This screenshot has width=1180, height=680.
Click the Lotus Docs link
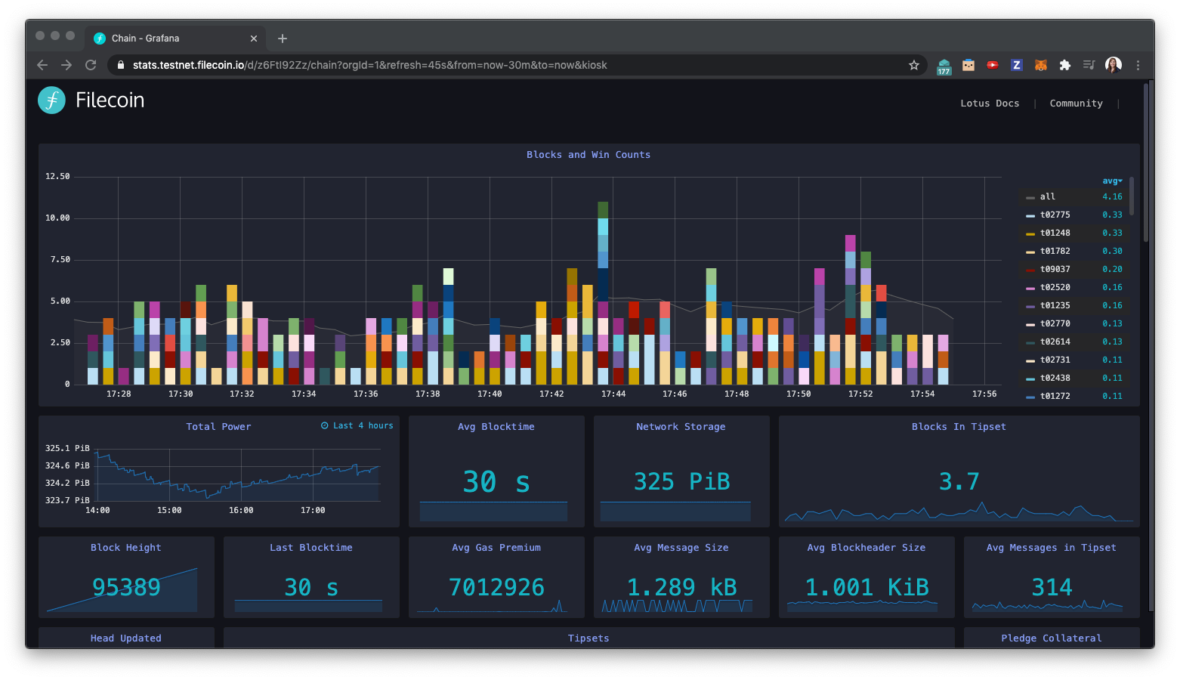pos(990,104)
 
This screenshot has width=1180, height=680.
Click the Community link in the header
pos(1076,104)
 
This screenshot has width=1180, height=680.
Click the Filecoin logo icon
pos(51,100)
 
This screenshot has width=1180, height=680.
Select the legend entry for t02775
pos(1055,215)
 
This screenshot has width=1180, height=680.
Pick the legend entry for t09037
pos(1055,270)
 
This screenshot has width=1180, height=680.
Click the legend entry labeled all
pos(1047,197)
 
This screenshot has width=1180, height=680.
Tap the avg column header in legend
pos(1111,181)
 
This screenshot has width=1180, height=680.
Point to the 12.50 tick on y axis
pos(57,177)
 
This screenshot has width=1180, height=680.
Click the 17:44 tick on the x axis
pos(613,394)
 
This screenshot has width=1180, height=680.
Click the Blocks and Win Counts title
pos(588,155)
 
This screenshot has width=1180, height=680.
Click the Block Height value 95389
pos(126,587)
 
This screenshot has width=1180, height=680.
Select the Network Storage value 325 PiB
pos(681,482)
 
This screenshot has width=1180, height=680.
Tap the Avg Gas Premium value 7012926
pos(496,587)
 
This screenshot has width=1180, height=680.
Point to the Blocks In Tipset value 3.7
pos(959,482)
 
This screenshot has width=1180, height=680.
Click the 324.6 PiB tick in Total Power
pos(67,466)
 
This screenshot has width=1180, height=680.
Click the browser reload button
pos(91,65)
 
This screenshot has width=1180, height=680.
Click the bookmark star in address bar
pos(913,65)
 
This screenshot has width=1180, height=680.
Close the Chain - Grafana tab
pos(254,39)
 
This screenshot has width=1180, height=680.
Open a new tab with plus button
pos(283,39)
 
